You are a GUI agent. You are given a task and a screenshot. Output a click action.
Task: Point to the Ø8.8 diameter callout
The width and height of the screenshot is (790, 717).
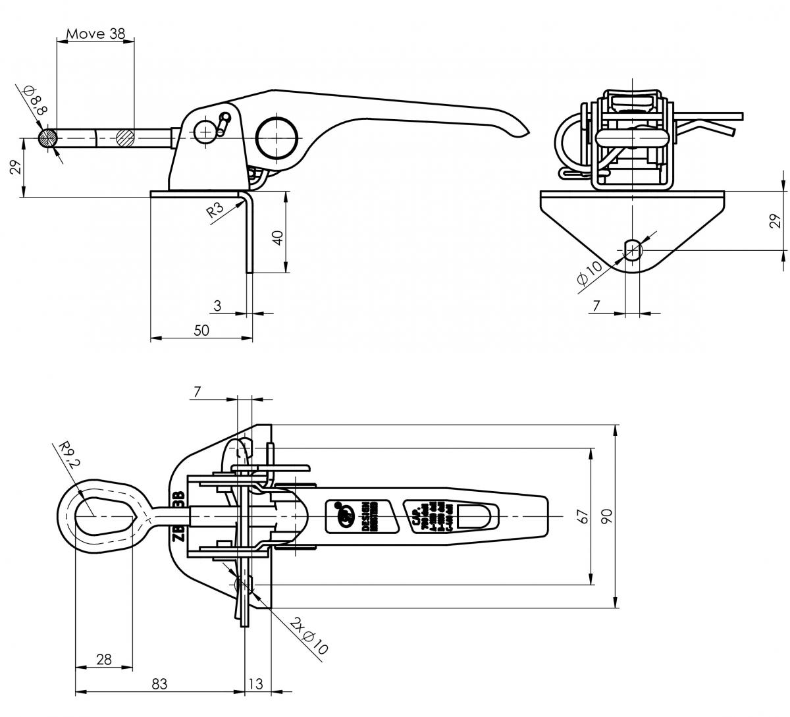click(35, 101)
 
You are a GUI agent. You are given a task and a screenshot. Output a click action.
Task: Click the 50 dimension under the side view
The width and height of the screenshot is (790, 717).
click(201, 331)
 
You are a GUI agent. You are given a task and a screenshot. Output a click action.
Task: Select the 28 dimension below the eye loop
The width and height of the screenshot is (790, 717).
click(103, 658)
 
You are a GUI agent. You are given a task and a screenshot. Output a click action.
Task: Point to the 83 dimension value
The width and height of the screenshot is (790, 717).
click(159, 684)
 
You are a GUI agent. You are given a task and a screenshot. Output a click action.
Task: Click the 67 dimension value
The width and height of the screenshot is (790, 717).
click(581, 516)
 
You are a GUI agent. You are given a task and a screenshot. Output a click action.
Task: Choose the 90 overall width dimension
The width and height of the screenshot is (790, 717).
click(607, 516)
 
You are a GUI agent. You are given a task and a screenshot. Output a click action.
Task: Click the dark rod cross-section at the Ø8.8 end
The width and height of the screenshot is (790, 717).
click(47, 138)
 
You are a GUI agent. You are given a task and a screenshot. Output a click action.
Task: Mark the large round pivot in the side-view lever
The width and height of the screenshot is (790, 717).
click(276, 138)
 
